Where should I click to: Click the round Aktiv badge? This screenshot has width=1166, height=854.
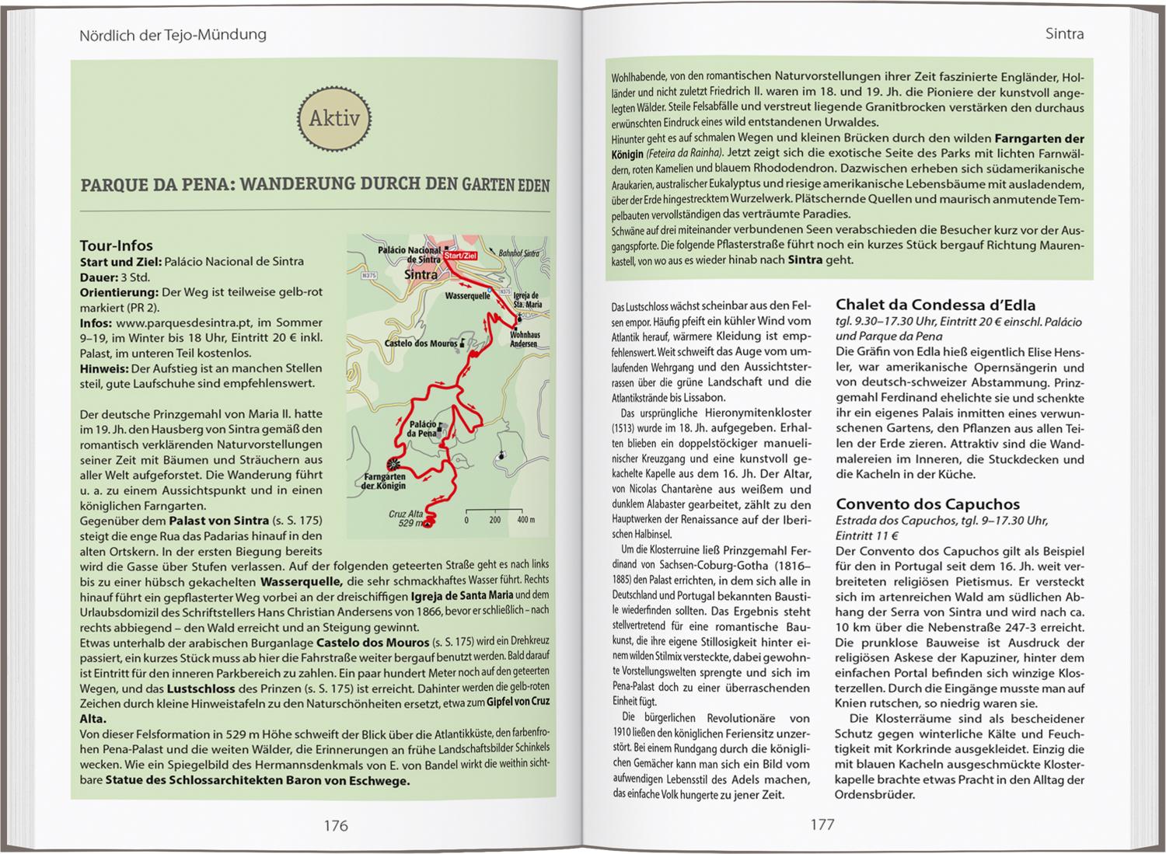point(335,119)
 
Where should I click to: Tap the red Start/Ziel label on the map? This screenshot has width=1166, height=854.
point(460,253)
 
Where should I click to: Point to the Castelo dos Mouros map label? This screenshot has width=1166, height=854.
point(420,343)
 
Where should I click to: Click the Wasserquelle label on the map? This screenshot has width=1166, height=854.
point(467,296)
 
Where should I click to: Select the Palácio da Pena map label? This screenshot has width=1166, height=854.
point(421,428)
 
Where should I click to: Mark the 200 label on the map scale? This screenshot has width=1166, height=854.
point(494,519)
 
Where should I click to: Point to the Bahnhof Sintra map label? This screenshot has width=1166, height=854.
point(518,253)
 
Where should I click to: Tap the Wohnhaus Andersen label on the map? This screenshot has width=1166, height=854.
point(524,339)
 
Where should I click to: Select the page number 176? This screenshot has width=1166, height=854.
point(336,824)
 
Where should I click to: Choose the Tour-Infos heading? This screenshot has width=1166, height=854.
point(117,246)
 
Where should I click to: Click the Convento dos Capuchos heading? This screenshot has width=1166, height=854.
point(927,504)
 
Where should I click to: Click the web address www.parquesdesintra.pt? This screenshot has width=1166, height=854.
point(175,322)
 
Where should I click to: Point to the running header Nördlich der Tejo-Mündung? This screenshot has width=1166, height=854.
point(173,34)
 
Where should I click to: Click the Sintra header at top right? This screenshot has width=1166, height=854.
point(1064,34)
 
